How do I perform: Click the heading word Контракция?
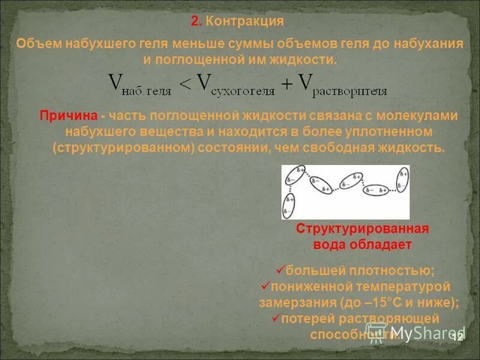pyautogui.click(x=244, y=22)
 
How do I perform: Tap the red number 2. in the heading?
pyautogui.click(x=196, y=22)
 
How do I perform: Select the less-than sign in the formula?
pyautogui.click(x=185, y=85)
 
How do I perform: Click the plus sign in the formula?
pyautogui.click(x=287, y=85)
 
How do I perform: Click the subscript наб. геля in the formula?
pyautogui.click(x=146, y=92)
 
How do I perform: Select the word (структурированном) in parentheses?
pyautogui.click(x=122, y=148)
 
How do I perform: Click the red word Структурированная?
pyautogui.click(x=362, y=230)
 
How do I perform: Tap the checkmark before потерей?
pyautogui.click(x=277, y=317)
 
